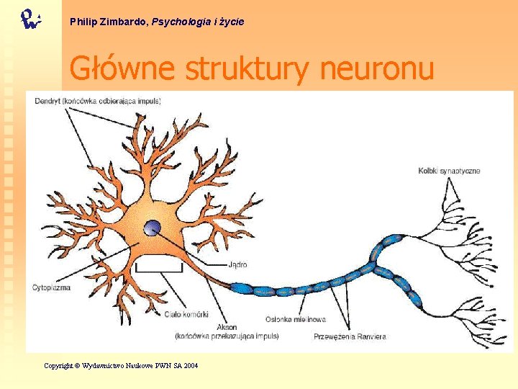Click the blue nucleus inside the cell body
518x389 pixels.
153,229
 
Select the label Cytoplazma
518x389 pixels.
51,287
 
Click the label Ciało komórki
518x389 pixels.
186,314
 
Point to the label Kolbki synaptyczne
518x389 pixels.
449,171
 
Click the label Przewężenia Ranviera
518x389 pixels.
350,336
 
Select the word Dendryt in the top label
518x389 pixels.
47,101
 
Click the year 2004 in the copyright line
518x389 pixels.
191,366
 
